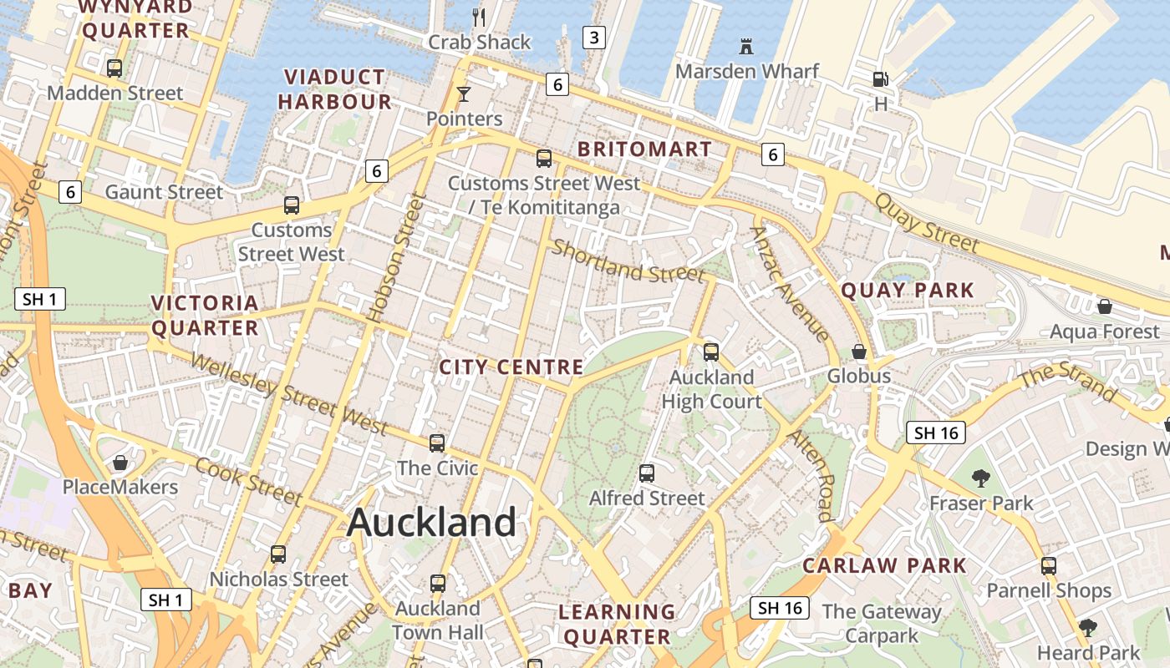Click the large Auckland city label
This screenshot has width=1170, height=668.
[431, 523]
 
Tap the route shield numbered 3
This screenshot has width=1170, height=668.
[594, 37]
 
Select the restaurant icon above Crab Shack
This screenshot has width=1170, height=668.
[479, 17]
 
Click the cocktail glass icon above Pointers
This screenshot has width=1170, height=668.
[464, 94]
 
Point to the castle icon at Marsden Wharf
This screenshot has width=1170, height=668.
[746, 47]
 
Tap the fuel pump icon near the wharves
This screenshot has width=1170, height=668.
[880, 79]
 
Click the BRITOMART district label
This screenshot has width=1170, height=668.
[645, 149]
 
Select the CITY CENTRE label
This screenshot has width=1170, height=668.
[511, 367]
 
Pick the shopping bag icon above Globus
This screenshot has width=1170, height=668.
[858, 352]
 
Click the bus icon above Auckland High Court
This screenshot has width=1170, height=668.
[711, 352]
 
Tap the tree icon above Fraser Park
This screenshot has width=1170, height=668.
[981, 478]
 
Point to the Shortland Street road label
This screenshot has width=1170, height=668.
[628, 261]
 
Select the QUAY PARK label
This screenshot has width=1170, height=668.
[908, 291]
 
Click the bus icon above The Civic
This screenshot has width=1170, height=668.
[437, 443]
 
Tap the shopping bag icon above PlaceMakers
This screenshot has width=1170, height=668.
[120, 463]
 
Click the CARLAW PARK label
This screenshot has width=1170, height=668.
[884, 565]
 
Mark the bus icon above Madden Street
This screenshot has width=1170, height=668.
[114, 68]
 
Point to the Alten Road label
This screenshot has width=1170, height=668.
[812, 476]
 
